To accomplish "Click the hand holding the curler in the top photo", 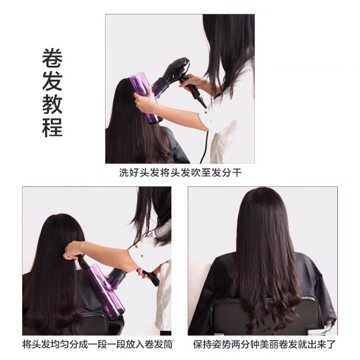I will click(145, 102).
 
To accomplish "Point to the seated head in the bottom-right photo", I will click(262, 211).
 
